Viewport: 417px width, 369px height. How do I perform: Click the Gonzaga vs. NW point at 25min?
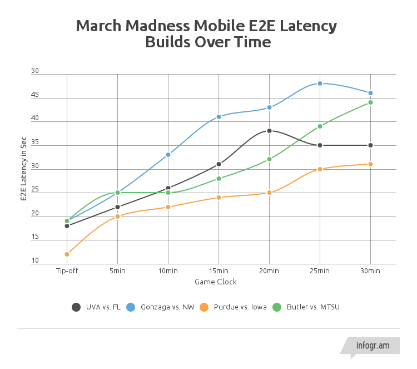[x=320, y=83]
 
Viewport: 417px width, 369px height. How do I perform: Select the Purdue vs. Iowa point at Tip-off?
[x=67, y=254]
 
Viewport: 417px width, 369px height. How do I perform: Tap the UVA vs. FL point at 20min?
[x=269, y=131]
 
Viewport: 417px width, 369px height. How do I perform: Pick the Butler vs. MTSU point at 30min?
[x=370, y=102]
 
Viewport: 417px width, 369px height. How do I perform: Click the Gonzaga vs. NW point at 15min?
[x=219, y=117]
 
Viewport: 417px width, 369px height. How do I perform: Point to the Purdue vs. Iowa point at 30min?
[x=370, y=164]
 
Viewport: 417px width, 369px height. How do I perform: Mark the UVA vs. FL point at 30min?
[x=370, y=145]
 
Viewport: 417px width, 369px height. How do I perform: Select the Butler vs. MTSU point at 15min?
[x=219, y=179]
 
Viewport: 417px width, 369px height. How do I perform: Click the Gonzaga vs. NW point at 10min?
[x=168, y=155]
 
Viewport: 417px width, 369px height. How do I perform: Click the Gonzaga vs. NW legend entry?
[x=161, y=307]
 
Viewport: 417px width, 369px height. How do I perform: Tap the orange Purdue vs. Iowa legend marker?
[x=204, y=307]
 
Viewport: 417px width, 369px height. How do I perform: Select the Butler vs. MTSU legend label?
[x=313, y=307]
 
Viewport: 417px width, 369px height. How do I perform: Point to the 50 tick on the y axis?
[x=35, y=71]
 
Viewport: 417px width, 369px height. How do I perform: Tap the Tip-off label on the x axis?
[x=67, y=271]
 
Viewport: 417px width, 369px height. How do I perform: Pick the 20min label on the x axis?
[x=269, y=271]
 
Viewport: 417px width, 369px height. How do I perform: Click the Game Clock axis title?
[x=215, y=282]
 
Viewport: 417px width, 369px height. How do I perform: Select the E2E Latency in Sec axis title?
[x=23, y=169]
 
